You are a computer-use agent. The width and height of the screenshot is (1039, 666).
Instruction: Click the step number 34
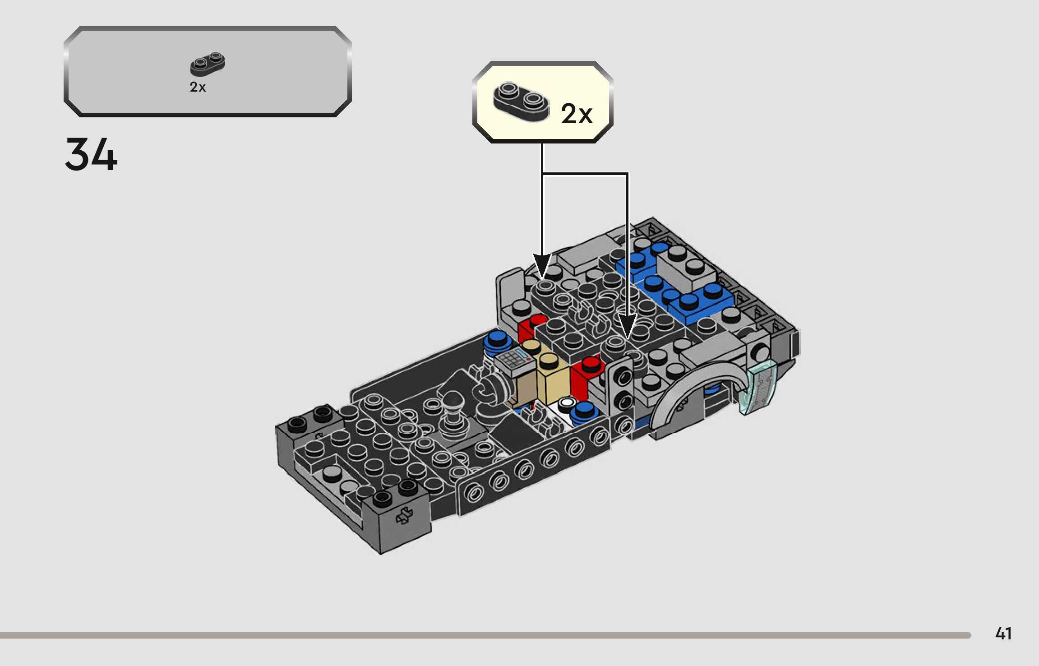[91, 154]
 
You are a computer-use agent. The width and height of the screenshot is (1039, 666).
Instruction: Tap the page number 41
[1003, 634]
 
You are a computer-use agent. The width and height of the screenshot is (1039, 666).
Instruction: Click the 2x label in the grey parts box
[198, 87]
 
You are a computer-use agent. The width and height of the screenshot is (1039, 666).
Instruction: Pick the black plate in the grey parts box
[208, 64]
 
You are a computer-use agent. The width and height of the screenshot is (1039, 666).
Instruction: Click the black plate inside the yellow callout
[521, 102]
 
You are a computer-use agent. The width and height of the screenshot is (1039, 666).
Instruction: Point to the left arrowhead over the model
[542, 265]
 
